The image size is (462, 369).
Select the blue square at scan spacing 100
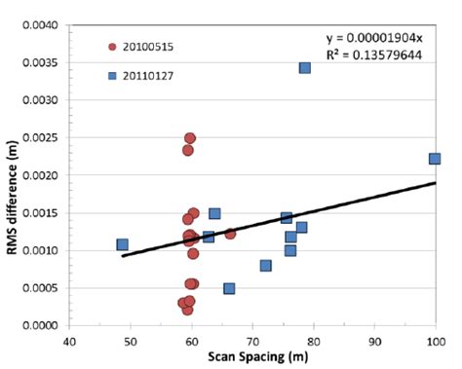[x=435, y=159]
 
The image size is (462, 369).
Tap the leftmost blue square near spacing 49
[x=122, y=244]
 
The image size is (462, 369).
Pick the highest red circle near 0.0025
[x=190, y=138]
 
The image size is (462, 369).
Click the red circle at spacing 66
[x=230, y=234]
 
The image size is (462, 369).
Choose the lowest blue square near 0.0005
[x=229, y=288]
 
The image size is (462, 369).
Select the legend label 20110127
[x=149, y=74]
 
